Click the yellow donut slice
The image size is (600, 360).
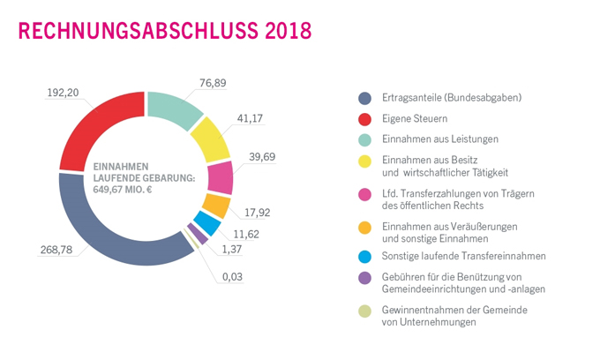point(211,139)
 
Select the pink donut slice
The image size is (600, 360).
point(221,176)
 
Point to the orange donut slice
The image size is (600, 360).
point(215,206)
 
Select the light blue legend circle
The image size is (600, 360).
point(363,256)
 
